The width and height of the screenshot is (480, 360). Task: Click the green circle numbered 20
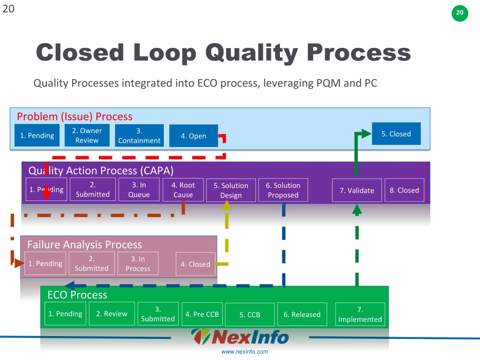pyautogui.click(x=460, y=13)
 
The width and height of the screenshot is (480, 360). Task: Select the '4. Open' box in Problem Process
pyautogui.click(x=194, y=136)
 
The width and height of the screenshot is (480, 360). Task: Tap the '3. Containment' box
pyautogui.click(x=139, y=135)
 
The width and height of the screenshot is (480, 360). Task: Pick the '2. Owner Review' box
pyautogui.click(x=87, y=135)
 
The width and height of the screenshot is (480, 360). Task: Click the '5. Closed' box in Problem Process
pyautogui.click(x=396, y=134)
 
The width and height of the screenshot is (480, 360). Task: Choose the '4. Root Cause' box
pyautogui.click(x=183, y=190)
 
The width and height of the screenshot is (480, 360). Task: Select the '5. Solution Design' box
pyautogui.click(x=231, y=190)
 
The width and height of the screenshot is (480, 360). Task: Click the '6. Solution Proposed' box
pyautogui.click(x=283, y=190)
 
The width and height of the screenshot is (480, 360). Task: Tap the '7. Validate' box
pyautogui.click(x=357, y=190)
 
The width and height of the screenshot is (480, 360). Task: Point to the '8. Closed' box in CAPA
pyautogui.click(x=405, y=190)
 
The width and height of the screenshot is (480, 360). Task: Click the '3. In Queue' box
pyautogui.click(x=139, y=190)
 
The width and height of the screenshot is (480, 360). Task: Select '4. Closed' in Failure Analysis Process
pyautogui.click(x=195, y=264)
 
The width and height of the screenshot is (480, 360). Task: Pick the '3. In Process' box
pyautogui.click(x=138, y=263)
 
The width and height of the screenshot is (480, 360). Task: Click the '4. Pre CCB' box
pyautogui.click(x=202, y=314)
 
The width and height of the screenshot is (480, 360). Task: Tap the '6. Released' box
pyautogui.click(x=302, y=315)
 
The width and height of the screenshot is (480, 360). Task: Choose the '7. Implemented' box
pyautogui.click(x=360, y=315)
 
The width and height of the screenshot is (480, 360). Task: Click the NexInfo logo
pyautogui.click(x=240, y=337)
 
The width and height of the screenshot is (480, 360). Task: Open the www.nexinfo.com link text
pyautogui.click(x=245, y=352)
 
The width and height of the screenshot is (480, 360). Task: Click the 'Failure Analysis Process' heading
pyautogui.click(x=84, y=245)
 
